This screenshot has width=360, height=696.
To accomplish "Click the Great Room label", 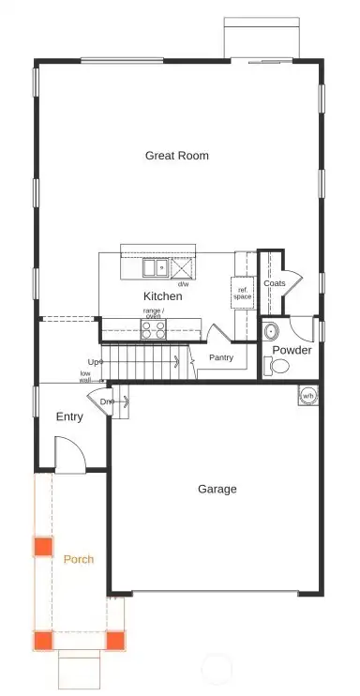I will coord(176,156).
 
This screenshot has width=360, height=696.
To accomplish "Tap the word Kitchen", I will coord(162,296).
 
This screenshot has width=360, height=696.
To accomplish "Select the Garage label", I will coord(217,489).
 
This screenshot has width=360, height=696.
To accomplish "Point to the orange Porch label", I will coord(78,560).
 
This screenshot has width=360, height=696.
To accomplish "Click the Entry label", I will coord(69,416).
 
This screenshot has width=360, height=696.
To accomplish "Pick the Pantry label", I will coord(221,357).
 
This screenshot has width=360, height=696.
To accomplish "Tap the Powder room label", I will coord(292,351).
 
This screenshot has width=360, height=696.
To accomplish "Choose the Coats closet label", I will coord(275,282).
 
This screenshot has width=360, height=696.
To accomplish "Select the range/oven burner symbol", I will coord(153,328).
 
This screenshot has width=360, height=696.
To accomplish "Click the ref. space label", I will coord(243,293).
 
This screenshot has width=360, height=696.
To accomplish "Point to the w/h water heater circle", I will coord(307,395).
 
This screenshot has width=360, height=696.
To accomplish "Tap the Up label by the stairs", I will coord(93,362).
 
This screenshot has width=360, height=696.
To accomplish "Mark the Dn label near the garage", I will coord(108,402).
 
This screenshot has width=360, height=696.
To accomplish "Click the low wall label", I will coord(85,377).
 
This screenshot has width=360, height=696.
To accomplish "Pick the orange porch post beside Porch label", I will coord(43,547).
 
